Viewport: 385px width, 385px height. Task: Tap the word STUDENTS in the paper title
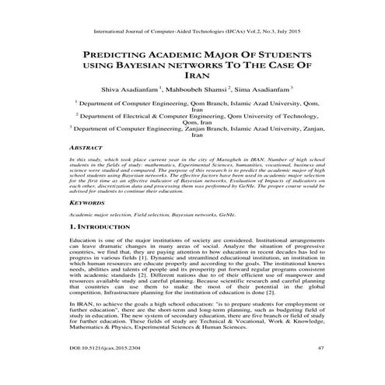coord(282,57)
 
